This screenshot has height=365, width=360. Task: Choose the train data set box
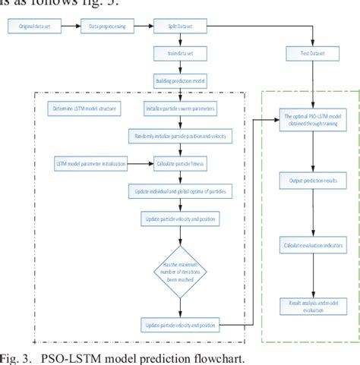point(179,53)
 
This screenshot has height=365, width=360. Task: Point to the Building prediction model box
point(179,80)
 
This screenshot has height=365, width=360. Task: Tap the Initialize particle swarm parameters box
point(179,108)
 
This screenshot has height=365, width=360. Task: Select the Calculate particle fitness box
point(179,162)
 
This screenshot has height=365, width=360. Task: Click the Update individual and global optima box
point(179,190)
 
